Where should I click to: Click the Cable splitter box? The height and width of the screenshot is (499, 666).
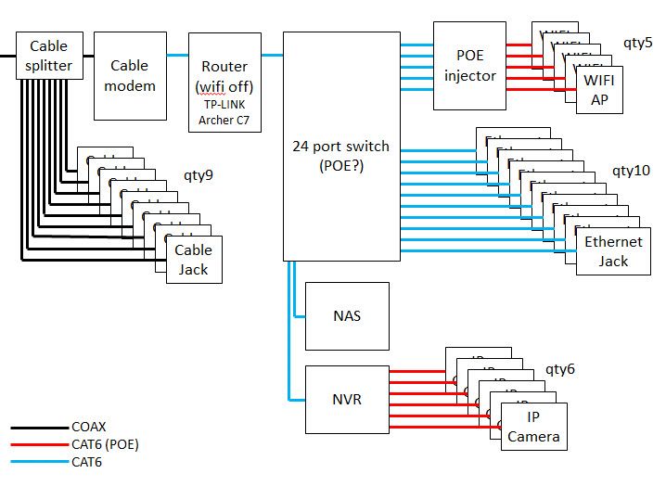coord(49,56)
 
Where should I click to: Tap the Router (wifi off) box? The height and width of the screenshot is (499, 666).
coord(224,76)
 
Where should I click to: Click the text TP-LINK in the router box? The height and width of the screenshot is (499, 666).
coord(224,105)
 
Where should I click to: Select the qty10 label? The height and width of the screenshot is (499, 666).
coord(632,172)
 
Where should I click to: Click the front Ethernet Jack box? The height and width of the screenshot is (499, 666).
coord(612,251)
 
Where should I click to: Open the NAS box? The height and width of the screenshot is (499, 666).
coord(347,316)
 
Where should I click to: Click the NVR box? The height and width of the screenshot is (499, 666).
coord(347,400)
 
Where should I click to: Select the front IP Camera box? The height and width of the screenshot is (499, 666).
coord(532,427)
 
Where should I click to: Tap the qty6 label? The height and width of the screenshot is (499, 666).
coord(559,369)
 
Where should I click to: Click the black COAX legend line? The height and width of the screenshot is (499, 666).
coord(38,429)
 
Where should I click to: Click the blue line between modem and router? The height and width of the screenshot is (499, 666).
coord(177,56)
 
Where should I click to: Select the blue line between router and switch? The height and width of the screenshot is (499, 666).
coord(271,56)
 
